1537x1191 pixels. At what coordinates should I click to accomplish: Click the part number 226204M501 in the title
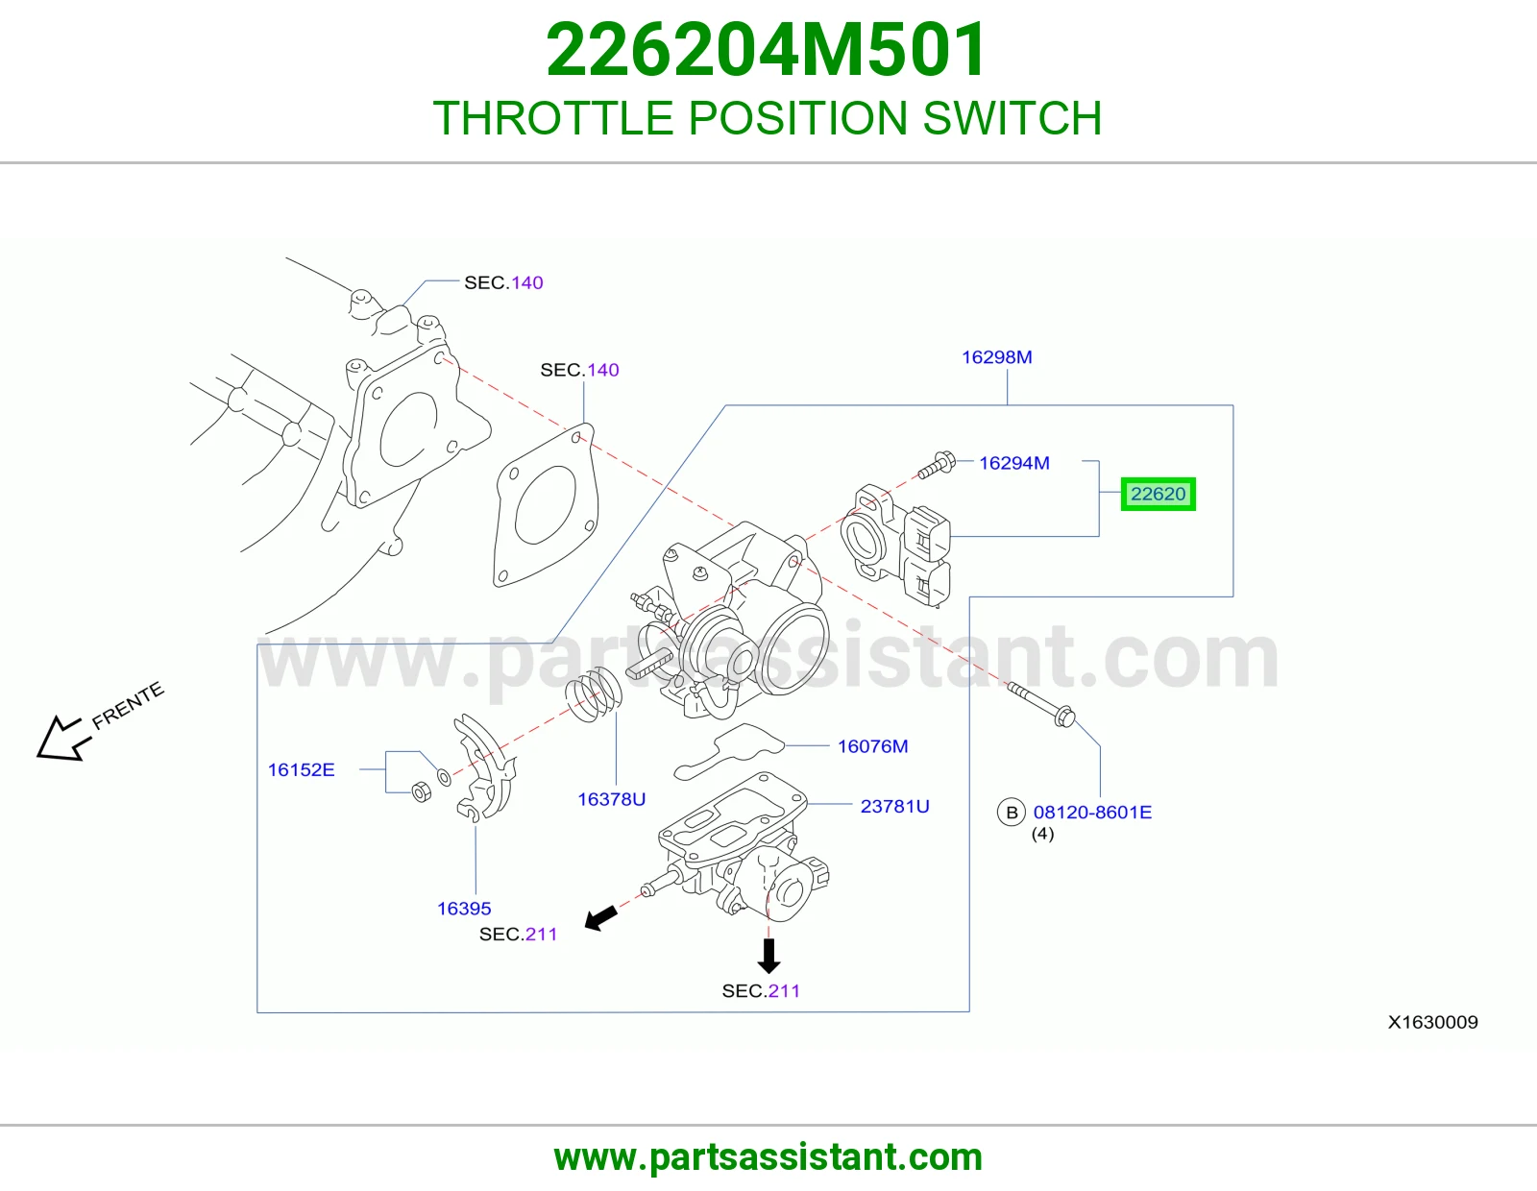pos(766,50)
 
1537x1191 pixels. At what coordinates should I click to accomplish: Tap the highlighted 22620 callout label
pos(1158,494)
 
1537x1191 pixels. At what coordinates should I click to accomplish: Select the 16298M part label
pos(996,357)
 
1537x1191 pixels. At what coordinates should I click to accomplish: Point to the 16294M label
pos(1013,463)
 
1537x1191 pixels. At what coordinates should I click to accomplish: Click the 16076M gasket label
pos(873,746)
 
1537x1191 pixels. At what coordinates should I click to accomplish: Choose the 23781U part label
pos(894,806)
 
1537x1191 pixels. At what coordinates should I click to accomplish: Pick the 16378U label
pos(611,799)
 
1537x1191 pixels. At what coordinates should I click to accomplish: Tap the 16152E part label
pos(301,769)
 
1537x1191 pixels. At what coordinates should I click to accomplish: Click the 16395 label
pos(464,908)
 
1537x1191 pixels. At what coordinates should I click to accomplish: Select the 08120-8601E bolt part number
pos(1092,812)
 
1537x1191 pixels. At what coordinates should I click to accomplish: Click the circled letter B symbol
pos(1012,812)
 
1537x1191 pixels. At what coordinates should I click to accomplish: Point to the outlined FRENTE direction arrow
pos(63,739)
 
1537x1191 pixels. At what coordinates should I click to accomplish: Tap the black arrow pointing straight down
pos(768,956)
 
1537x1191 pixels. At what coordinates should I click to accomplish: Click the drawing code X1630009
pos(1432,1022)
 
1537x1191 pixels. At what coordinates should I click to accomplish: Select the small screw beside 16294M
pos(937,465)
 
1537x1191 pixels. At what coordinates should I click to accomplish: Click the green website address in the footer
pos(768,1156)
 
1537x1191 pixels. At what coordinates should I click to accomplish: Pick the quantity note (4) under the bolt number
pos(1042,834)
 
